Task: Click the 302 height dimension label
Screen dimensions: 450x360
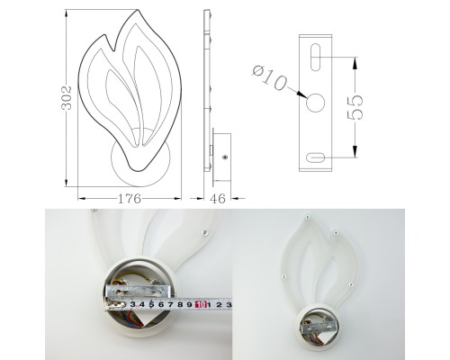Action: tap(67, 98)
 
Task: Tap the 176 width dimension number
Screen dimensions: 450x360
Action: tap(129, 198)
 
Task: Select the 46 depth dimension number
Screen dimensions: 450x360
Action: tap(218, 198)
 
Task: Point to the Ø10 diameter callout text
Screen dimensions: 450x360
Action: tap(269, 77)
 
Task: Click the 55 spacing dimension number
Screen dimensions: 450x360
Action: tap(355, 107)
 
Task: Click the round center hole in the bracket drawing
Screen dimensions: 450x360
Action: tap(315, 103)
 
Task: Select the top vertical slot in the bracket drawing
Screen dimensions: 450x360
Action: tap(315, 58)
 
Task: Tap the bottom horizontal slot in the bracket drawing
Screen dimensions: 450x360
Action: tap(315, 157)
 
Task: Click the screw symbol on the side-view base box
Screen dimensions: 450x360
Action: tap(224, 157)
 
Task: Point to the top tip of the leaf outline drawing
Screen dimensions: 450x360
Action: tap(138, 10)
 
